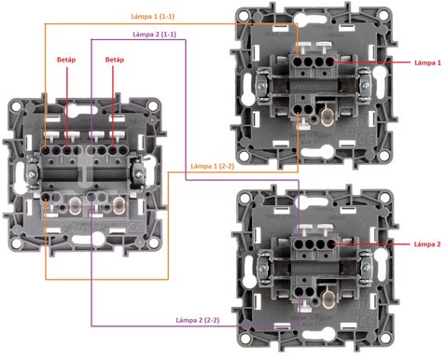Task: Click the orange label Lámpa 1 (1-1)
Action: pyautogui.click(x=152, y=16)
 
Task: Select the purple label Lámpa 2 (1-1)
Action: pyautogui.click(x=154, y=35)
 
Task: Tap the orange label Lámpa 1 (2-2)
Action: pyautogui.click(x=213, y=166)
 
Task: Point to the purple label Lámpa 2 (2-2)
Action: pyautogui.click(x=198, y=320)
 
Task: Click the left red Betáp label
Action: pyautogui.click(x=66, y=60)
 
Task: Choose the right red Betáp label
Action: pyautogui.click(x=115, y=60)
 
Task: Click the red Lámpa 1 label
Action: pyautogui.click(x=427, y=62)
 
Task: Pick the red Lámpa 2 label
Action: pyautogui.click(x=427, y=244)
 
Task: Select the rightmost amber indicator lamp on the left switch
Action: pyautogui.click(x=119, y=205)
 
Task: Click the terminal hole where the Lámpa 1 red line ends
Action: pyautogui.click(x=329, y=62)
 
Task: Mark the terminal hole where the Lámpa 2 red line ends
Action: pyautogui.click(x=330, y=244)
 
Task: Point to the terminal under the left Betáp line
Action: pyautogui.click(x=66, y=151)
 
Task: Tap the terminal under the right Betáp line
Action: pyautogui.click(x=113, y=151)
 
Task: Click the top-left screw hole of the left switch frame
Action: pyautogui.click(x=16, y=106)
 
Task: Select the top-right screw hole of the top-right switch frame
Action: pyautogui.click(x=385, y=15)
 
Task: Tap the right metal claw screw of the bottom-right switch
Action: pyautogui.click(x=367, y=266)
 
